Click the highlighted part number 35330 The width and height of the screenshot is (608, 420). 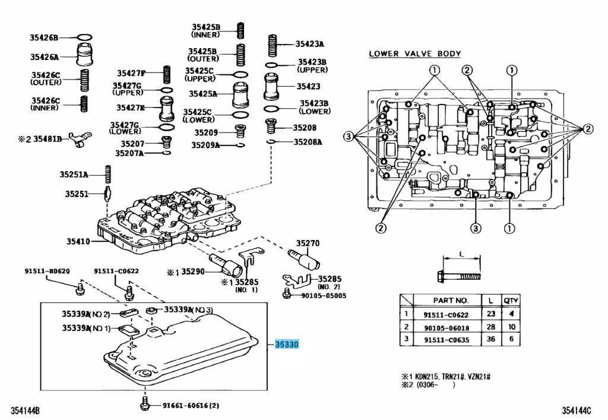(286, 345)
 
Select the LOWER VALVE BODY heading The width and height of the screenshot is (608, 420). (414, 53)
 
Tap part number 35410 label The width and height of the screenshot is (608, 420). (78, 241)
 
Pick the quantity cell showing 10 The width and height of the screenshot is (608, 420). (510, 327)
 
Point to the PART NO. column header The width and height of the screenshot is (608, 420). (451, 301)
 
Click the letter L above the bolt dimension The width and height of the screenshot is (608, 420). (461, 254)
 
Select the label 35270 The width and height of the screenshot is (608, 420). (308, 243)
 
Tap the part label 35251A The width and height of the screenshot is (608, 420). (73, 174)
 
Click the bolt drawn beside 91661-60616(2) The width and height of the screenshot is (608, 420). (143, 405)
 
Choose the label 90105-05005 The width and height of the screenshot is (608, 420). (323, 295)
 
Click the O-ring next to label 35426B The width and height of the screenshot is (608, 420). (85, 37)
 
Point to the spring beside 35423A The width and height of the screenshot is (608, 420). (273, 43)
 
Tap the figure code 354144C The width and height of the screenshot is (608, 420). (578, 410)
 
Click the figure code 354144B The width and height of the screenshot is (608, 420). (25, 410)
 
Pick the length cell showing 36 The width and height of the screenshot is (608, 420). (490, 339)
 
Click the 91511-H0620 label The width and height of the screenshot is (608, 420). (47, 271)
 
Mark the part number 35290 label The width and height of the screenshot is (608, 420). (192, 271)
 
